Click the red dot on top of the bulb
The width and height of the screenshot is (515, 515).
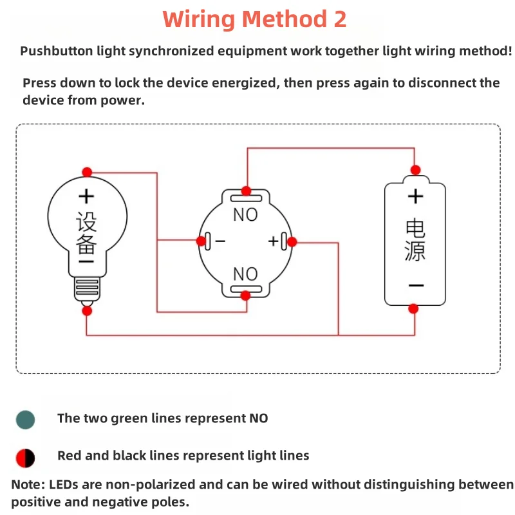pos(87,172)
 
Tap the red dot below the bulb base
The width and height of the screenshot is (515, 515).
pos(87,311)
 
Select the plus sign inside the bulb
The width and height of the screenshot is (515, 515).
pos(86,196)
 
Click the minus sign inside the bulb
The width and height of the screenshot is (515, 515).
pos(86,261)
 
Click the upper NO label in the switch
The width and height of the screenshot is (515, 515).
pos(245,215)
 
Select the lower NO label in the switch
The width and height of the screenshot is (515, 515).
pos(245,274)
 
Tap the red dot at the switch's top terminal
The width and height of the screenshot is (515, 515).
pos(246,191)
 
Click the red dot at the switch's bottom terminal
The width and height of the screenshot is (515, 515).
pos(245,295)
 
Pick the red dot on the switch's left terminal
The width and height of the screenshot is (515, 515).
pos(201,241)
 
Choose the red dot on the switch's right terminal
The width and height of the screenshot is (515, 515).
pos(292,242)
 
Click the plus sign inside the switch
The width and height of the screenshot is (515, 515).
pos(273,241)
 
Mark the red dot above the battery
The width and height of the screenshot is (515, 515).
pos(415,170)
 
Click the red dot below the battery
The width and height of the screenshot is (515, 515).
pos(413,309)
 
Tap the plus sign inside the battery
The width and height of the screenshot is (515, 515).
pos(415,196)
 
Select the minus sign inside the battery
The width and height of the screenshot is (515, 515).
pos(416,285)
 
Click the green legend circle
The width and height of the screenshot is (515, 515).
pos(25,420)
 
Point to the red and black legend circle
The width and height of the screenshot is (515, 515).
pos(25,458)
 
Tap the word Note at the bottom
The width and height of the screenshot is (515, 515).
pos(28,485)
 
